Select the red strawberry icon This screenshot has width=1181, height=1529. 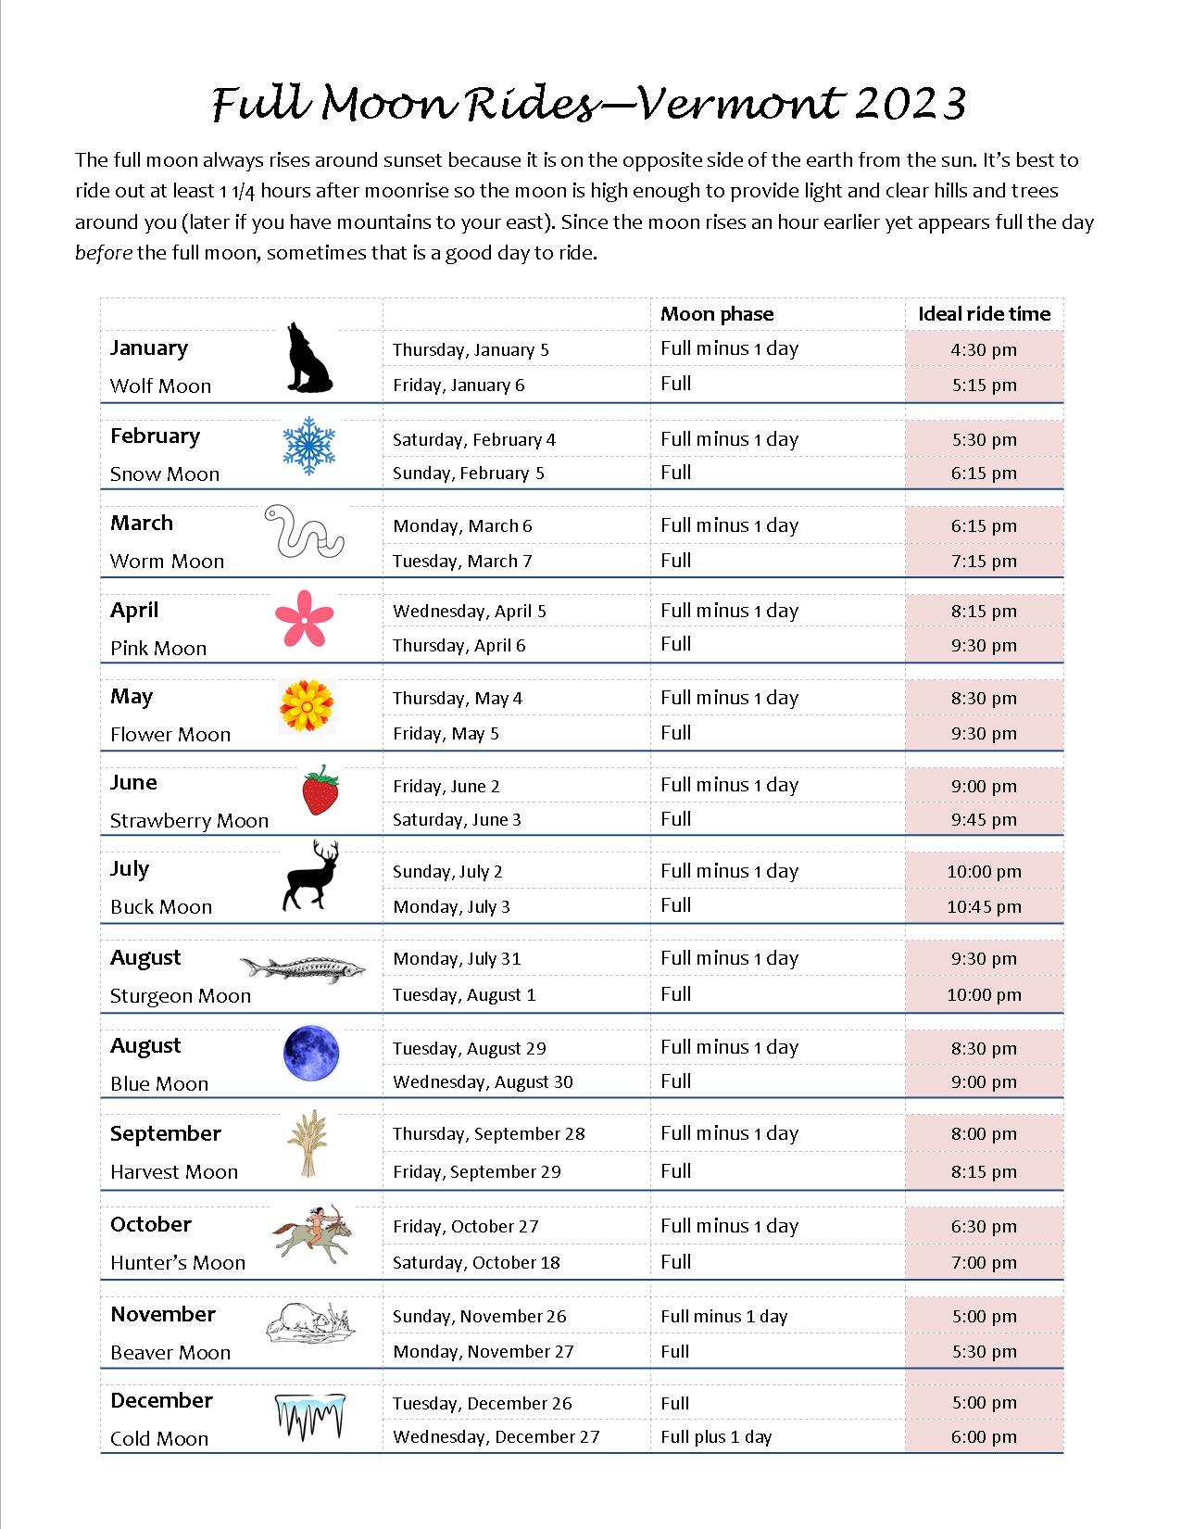320,790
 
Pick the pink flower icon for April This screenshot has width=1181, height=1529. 304,619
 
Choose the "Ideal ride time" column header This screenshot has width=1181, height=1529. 984,314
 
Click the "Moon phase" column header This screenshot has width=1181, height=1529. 717,314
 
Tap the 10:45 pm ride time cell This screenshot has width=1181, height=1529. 984,906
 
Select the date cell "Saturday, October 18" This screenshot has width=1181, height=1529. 476,1262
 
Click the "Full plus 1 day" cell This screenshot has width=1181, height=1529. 716,1436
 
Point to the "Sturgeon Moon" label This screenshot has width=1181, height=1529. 181,995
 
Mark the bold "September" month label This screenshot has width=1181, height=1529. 166,1133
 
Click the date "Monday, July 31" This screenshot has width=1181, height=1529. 457,958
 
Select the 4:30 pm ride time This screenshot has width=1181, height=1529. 984,349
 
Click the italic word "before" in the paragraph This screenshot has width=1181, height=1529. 103,253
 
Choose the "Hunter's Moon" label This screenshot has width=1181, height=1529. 178,1262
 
